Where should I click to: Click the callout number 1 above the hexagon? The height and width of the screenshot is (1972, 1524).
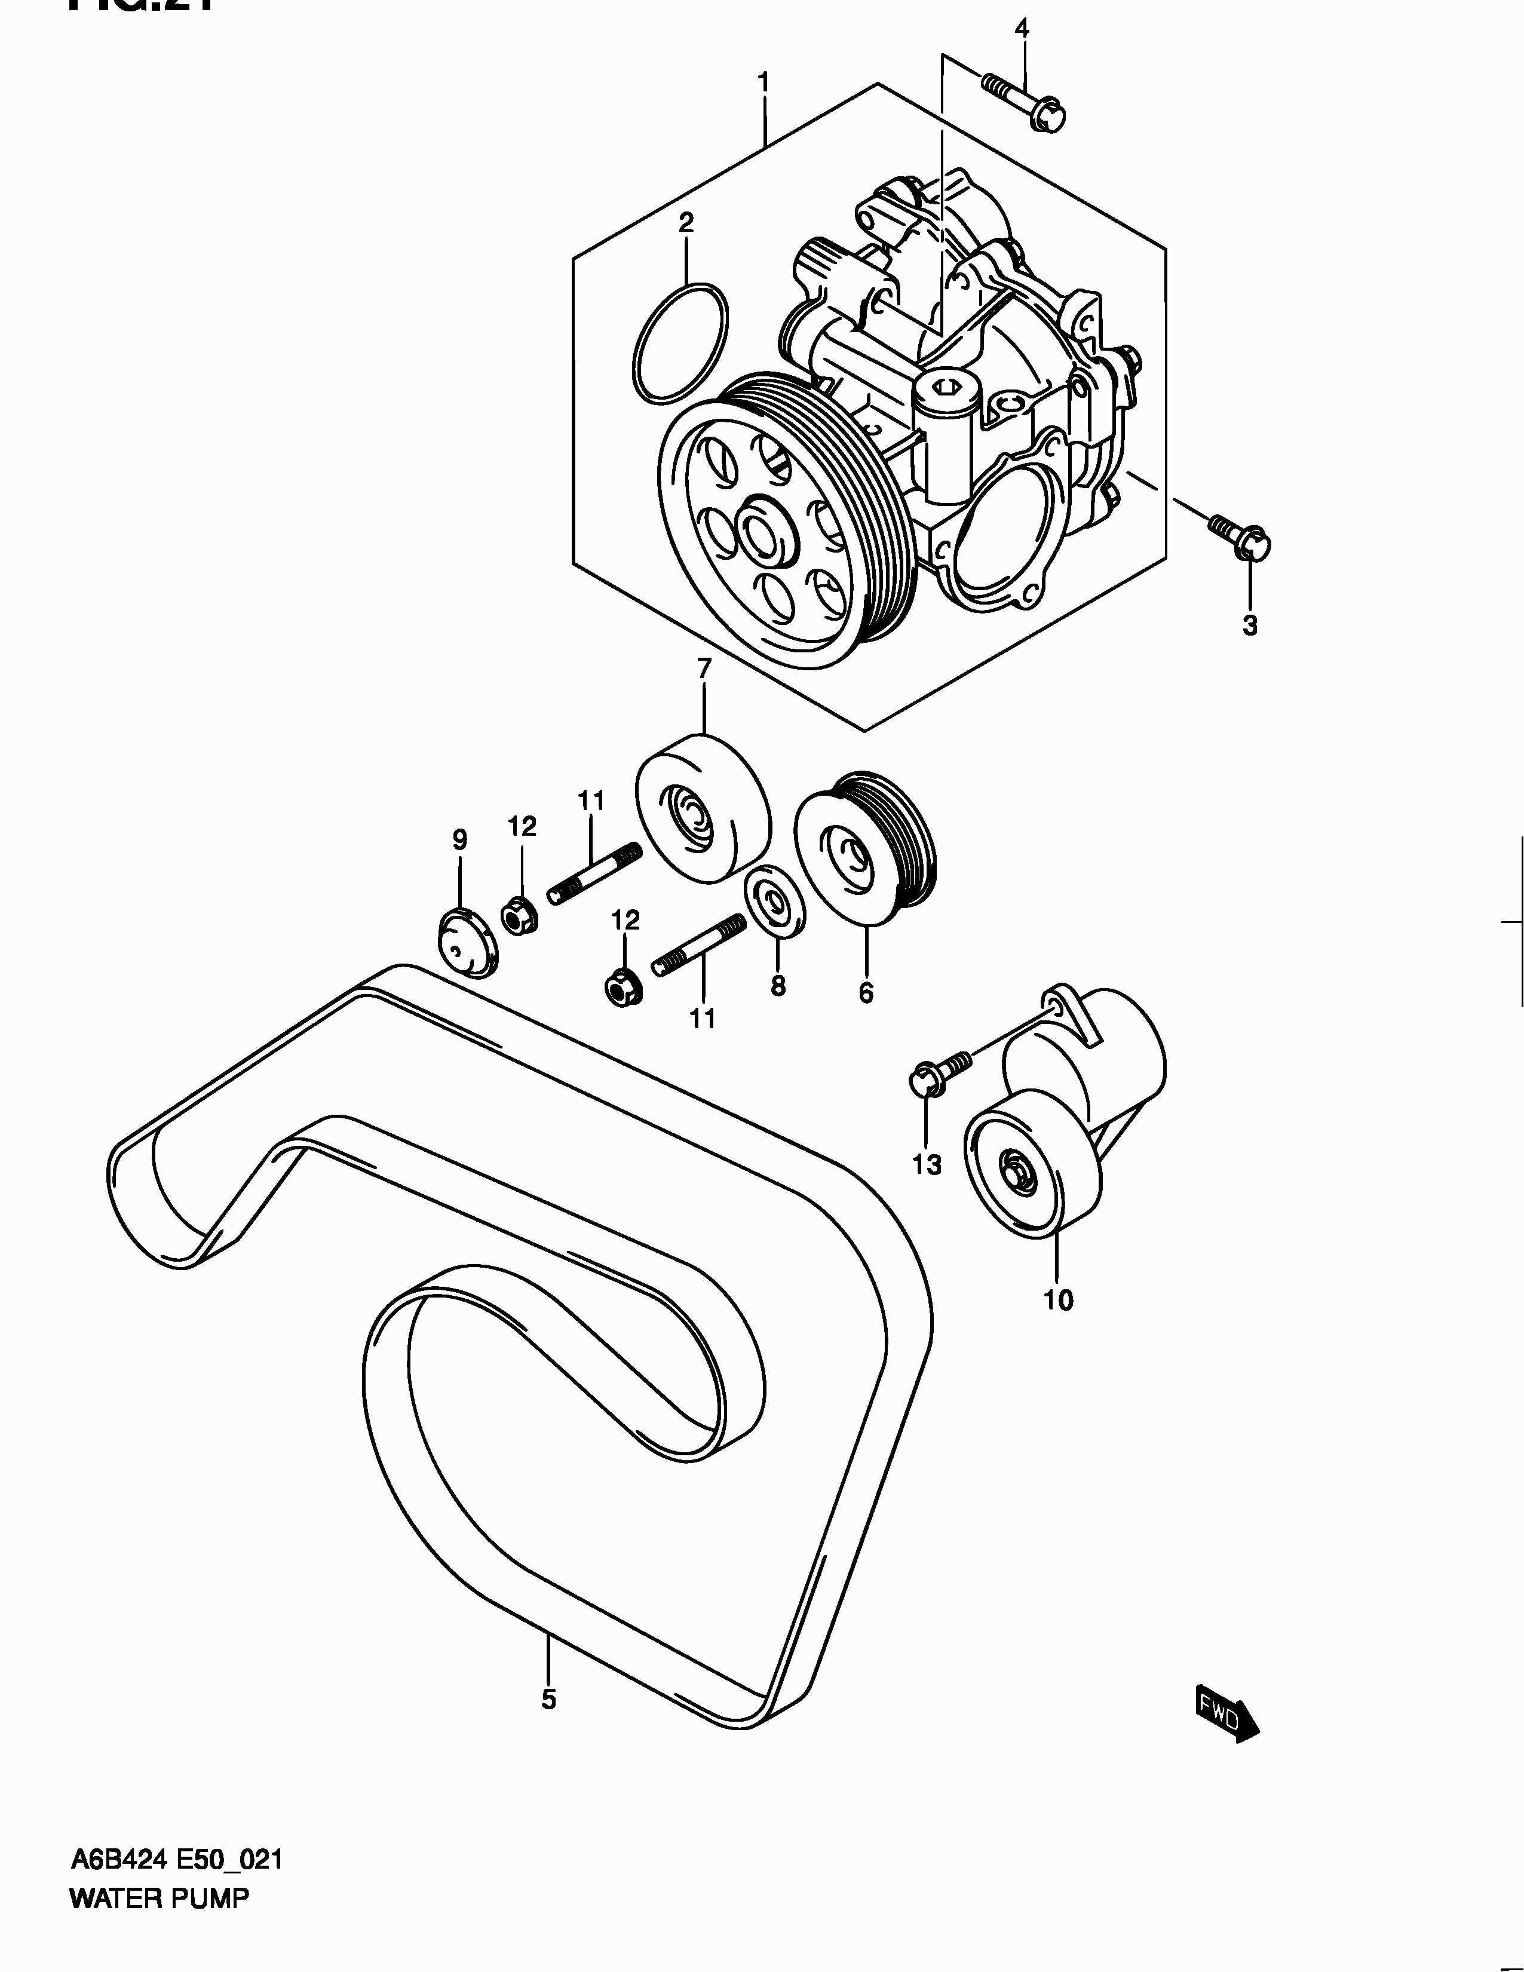pyautogui.click(x=764, y=83)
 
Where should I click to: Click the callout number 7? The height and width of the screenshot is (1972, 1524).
pyautogui.click(x=704, y=667)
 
